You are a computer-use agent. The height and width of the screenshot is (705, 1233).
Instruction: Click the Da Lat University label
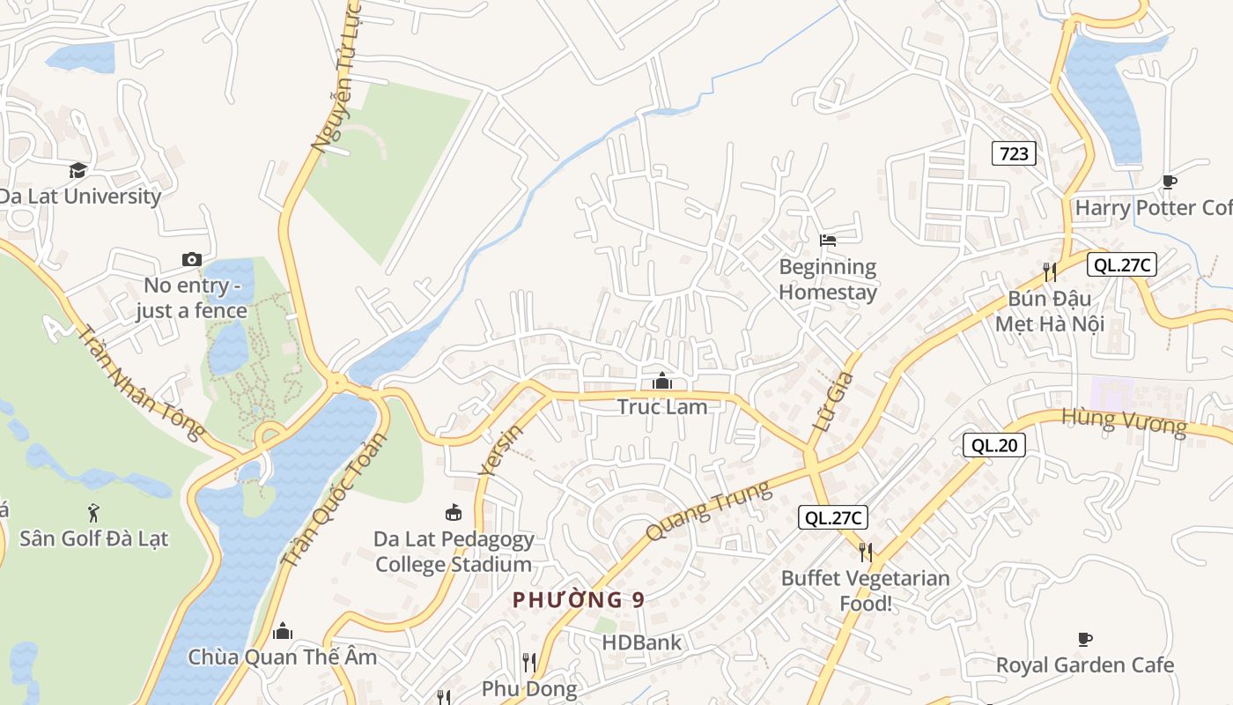(x=80, y=196)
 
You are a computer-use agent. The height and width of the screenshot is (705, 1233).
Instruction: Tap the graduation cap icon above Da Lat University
(x=78, y=170)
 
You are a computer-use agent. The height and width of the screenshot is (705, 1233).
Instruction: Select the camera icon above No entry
(x=191, y=259)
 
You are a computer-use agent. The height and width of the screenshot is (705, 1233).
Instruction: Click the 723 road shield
(x=1014, y=153)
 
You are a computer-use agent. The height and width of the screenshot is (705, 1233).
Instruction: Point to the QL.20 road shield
(x=993, y=445)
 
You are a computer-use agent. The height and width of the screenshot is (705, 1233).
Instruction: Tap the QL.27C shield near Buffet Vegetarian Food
(x=833, y=517)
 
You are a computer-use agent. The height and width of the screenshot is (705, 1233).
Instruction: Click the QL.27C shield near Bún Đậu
(x=1121, y=264)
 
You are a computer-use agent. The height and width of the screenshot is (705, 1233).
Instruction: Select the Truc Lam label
(x=662, y=406)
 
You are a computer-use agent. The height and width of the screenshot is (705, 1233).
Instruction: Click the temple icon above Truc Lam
(x=662, y=381)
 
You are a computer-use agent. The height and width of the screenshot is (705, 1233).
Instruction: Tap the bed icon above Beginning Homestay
(x=827, y=240)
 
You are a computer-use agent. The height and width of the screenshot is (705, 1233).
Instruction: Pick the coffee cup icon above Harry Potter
(x=1169, y=182)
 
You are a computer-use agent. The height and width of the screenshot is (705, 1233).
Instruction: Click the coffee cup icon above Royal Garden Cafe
(x=1085, y=639)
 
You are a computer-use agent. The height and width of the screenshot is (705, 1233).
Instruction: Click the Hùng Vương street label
(x=1124, y=421)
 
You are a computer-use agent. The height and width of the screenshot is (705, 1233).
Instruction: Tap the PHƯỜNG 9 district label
(x=579, y=600)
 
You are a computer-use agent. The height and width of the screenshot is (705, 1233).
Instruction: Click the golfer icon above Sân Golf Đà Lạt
(x=93, y=511)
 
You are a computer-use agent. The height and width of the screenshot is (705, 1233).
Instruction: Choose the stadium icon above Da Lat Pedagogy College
(x=454, y=512)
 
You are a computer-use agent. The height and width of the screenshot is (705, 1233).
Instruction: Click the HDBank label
(x=641, y=642)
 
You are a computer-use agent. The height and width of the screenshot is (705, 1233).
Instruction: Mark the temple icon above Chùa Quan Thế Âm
(x=283, y=631)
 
